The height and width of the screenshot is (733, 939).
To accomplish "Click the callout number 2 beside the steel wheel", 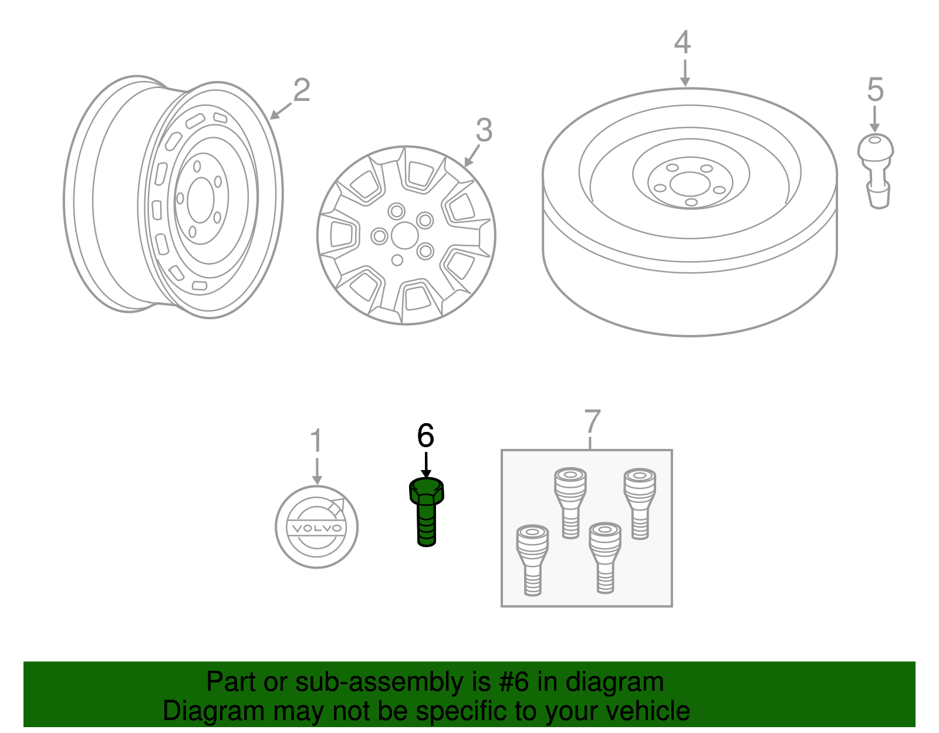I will pos(301,91).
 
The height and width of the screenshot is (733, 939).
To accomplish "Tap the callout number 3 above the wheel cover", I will pos(484,130).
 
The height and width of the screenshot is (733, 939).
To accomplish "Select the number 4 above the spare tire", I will pos(683,42).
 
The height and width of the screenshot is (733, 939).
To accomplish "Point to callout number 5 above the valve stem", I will pos(875,90).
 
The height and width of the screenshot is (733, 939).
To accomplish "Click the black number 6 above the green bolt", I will pos(425,436).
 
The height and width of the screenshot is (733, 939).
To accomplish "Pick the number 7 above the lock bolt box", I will pos(593,421).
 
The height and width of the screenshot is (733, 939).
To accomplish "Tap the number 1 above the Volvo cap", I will pos(316,441).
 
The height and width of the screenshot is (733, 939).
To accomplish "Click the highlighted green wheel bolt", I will pos(427,511).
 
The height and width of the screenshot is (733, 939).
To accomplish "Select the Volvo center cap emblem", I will pos(316,526).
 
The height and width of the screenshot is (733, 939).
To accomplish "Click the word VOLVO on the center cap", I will pos(316,528).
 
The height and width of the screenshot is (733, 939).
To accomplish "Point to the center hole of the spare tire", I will pos(691,184).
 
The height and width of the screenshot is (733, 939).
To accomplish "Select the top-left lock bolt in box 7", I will pos(570,502).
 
